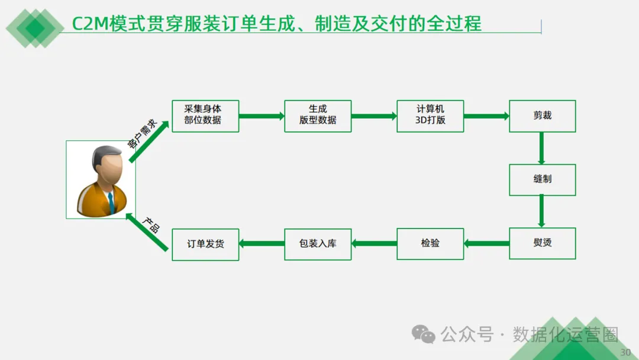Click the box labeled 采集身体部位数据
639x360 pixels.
205,116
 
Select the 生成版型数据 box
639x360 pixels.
318,116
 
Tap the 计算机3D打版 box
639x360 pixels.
430,116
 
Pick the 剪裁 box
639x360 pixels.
542,116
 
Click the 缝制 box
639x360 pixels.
542,179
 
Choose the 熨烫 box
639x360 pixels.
542,243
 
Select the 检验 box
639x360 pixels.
430,243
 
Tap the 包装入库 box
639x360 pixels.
318,243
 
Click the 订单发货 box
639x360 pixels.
205,244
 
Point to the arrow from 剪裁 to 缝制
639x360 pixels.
541,148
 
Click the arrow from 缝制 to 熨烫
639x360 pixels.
541,211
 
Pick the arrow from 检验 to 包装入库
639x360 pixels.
374,243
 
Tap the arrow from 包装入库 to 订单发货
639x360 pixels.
262,243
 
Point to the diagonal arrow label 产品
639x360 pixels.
151,225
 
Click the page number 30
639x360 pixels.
625,352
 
